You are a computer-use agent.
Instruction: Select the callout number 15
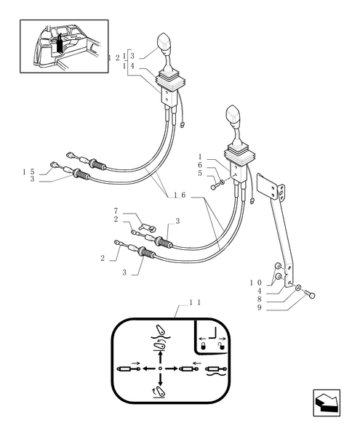click(28, 171)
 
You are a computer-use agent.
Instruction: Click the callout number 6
click(201, 166)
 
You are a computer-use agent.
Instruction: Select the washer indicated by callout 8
click(299, 290)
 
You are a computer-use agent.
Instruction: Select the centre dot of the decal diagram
click(160, 368)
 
